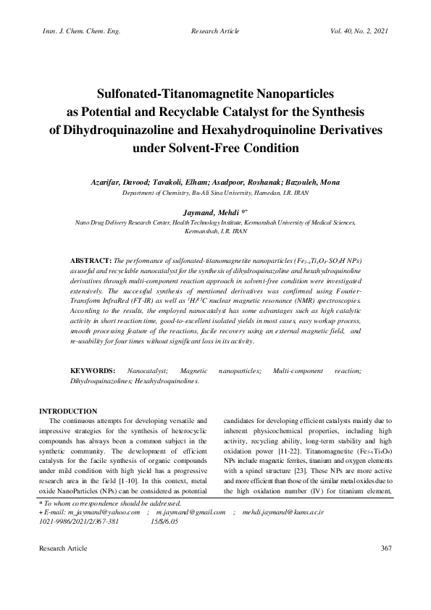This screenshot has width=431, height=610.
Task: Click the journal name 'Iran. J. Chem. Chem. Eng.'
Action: [x=72, y=32]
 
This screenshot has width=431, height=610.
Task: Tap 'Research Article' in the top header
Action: [x=215, y=32]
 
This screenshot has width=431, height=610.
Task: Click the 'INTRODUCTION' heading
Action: [x=67, y=411]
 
